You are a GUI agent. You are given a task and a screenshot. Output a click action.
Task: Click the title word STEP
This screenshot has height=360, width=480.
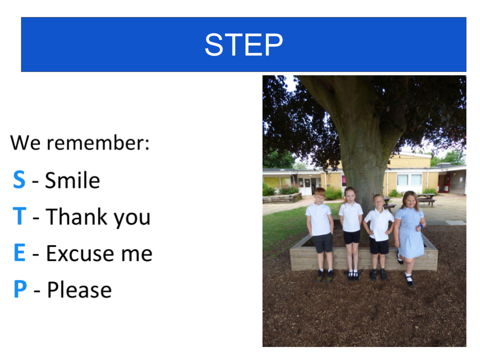click(x=243, y=44)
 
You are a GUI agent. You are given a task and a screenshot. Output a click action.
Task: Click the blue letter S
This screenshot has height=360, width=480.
click(x=19, y=179)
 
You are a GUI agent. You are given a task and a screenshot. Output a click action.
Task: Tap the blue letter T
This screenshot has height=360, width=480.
click(x=19, y=216)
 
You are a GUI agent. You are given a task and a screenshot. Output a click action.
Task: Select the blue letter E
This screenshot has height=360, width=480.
click(x=19, y=252)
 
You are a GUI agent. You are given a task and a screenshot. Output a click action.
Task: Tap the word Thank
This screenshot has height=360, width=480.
click(x=76, y=216)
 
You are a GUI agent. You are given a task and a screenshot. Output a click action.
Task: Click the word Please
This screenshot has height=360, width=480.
click(x=79, y=289)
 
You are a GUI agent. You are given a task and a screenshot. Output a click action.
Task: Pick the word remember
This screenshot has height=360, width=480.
click(x=98, y=143)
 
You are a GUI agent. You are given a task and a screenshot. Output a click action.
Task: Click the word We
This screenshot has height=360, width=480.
click(x=25, y=142)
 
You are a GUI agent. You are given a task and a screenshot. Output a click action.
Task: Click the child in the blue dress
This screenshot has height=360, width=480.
click(x=409, y=237)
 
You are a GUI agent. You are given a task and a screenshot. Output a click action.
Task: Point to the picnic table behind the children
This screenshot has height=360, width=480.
click(x=426, y=199)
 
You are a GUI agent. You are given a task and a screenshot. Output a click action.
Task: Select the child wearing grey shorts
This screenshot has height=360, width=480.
click(x=320, y=234)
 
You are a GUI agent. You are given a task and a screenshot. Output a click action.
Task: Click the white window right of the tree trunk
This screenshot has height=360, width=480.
click(x=409, y=179)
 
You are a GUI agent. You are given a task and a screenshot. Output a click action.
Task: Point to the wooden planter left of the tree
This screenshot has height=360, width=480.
click(x=282, y=198)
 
